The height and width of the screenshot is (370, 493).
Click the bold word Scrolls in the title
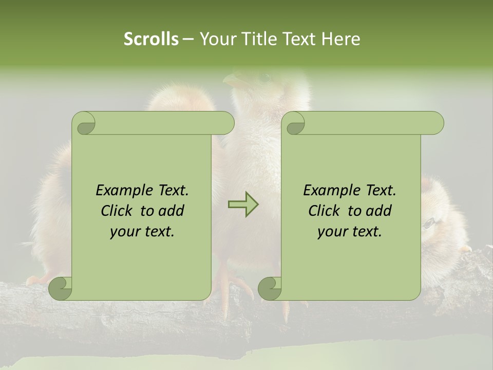click(x=151, y=39)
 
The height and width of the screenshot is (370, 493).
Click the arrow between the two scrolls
click(x=243, y=204)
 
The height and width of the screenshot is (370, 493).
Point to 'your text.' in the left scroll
click(x=142, y=232)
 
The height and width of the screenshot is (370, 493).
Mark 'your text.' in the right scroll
click(x=350, y=232)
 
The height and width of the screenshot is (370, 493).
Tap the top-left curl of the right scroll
click(x=294, y=124)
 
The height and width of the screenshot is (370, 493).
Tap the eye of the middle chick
click(x=264, y=78)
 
